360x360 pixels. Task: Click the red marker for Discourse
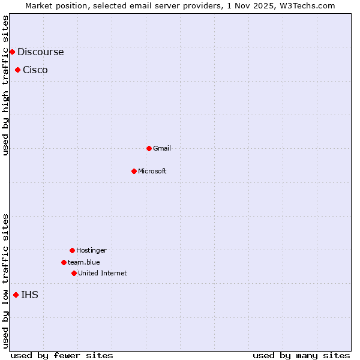pos(12,52)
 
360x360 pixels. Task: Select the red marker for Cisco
pos(17,70)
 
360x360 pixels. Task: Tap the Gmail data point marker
pos(149,148)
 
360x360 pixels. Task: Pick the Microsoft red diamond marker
pos(134,171)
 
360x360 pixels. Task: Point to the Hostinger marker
pos(72,250)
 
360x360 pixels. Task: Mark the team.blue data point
pos(64,262)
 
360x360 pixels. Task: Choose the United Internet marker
pos(74,273)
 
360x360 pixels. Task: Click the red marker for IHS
pos(16,295)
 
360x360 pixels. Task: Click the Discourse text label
pos(40,52)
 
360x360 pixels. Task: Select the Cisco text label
pos(35,70)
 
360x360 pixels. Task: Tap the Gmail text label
pos(162,148)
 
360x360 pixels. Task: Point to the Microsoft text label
pos(152,171)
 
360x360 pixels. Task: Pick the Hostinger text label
pos(91,250)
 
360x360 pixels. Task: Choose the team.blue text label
pos(84,262)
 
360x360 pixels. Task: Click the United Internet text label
pos(103,273)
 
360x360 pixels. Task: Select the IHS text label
pos(29,295)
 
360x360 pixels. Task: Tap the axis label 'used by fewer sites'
pos(62,355)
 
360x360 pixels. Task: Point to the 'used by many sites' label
pos(301,355)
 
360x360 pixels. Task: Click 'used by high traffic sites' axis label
pos(5,85)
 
